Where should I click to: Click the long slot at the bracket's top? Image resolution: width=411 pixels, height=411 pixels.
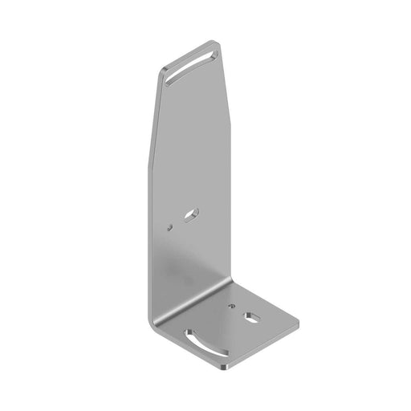(x=193, y=67)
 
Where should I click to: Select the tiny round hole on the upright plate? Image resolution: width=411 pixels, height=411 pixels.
(x=171, y=227)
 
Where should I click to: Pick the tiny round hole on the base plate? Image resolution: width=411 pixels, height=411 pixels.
(x=232, y=306)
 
